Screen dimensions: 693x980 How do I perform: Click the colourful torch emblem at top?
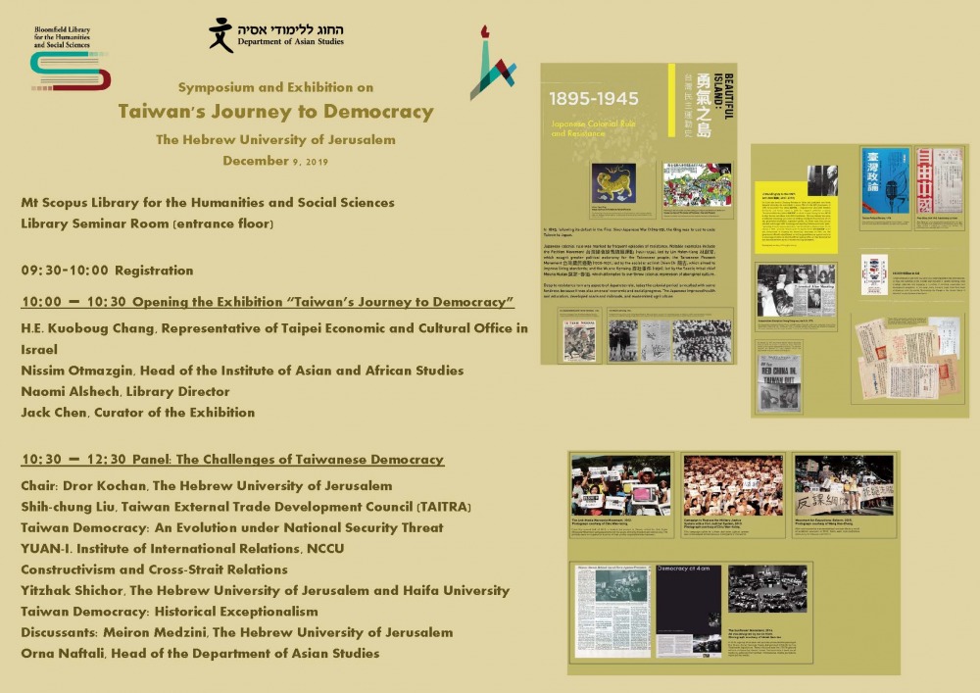pyautogui.click(x=492, y=63)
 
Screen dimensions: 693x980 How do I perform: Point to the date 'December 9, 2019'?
pyautogui.click(x=275, y=160)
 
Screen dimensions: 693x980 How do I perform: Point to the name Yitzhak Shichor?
pyautogui.click(x=72, y=590)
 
